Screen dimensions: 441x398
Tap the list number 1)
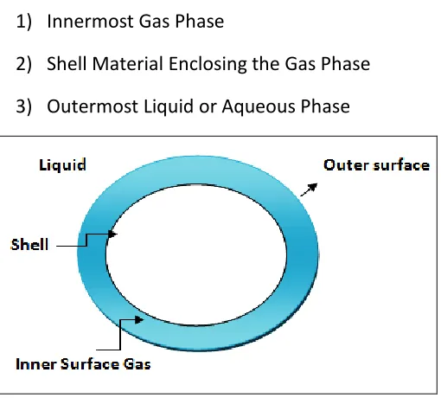(23, 22)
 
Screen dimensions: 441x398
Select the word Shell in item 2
(67, 63)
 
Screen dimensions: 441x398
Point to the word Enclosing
(208, 64)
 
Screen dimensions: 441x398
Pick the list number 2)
(23, 64)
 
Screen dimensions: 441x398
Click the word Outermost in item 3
(93, 106)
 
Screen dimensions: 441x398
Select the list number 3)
(23, 106)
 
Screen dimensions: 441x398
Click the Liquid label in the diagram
(62, 165)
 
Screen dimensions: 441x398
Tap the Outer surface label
(376, 165)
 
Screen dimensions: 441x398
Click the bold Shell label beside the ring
(29, 245)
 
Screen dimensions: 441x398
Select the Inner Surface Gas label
(83, 364)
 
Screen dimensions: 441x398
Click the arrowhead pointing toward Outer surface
(313, 187)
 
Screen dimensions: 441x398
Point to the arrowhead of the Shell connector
(112, 234)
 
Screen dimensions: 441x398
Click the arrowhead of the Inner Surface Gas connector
(139, 319)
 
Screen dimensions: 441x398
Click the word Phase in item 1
(200, 21)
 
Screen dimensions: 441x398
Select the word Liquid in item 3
(169, 106)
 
